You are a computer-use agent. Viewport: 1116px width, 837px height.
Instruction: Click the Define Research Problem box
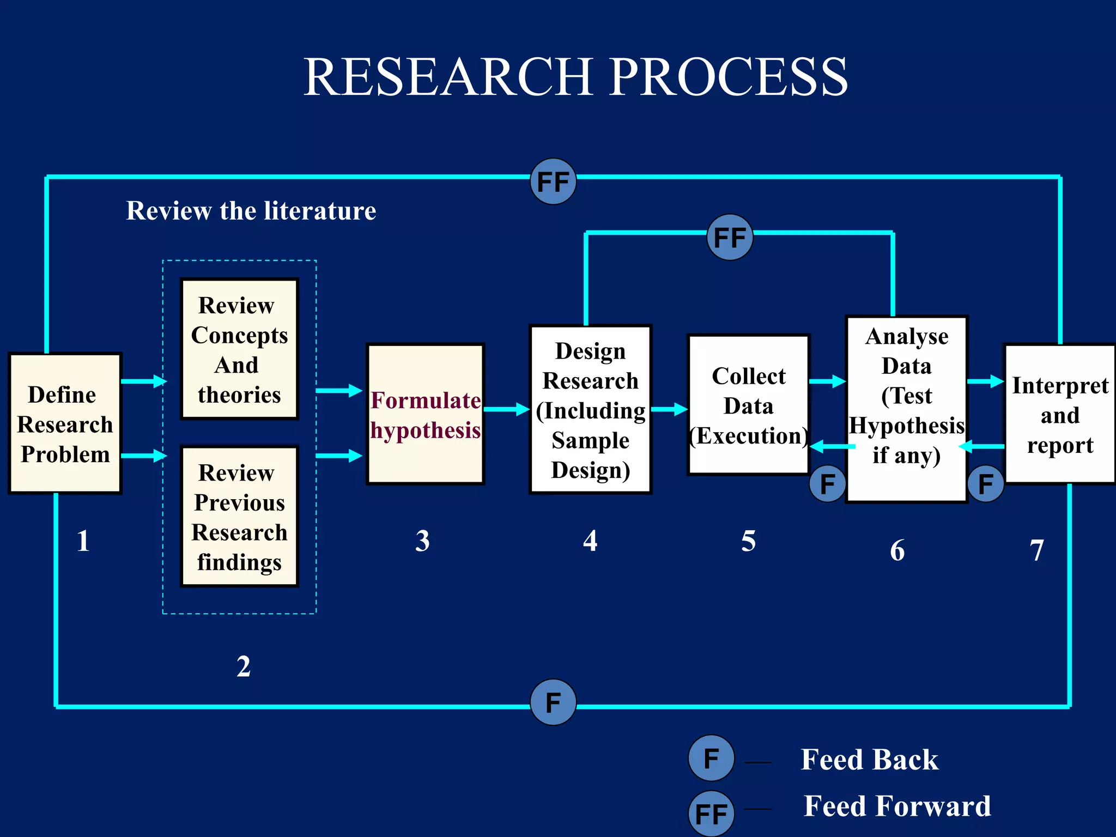coord(65,423)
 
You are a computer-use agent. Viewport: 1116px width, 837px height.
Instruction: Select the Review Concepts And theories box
coord(239,349)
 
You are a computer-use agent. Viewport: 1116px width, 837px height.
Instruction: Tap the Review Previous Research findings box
coord(239,517)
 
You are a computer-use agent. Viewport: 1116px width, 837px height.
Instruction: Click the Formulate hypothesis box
coord(425,414)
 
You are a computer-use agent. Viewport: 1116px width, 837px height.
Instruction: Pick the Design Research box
coord(590,410)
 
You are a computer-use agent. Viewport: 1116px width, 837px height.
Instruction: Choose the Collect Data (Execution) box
coord(749,405)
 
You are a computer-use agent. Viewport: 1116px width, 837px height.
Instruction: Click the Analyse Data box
coord(906,409)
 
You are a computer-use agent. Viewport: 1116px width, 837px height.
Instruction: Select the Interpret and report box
coord(1059,414)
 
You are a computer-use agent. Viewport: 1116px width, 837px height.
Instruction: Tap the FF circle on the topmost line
coord(553,182)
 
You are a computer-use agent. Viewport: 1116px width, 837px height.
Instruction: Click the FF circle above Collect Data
coord(730,237)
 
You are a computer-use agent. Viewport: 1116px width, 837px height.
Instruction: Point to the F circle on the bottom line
coord(553,702)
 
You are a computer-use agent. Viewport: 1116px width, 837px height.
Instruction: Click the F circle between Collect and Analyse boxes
coord(827,483)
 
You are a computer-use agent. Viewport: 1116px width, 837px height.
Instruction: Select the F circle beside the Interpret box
coord(985,483)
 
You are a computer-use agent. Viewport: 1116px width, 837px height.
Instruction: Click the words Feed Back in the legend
coord(869,759)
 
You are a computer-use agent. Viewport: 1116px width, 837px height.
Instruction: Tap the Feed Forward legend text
coord(897,806)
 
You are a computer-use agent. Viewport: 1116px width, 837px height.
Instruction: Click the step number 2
coord(243,666)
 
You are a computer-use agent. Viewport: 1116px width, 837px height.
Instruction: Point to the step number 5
coord(748,541)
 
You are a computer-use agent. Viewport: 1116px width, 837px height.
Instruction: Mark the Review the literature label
coord(251,211)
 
